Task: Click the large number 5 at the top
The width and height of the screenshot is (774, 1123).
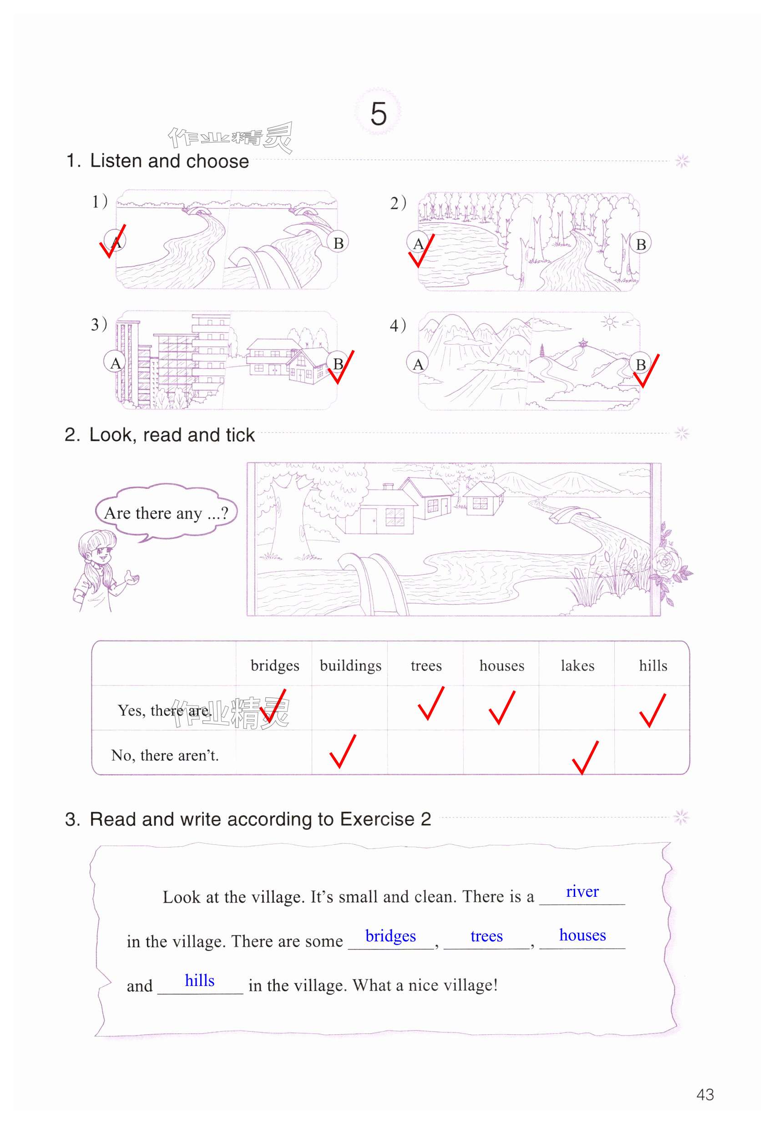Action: (x=378, y=114)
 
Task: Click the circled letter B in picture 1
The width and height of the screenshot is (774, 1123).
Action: (x=338, y=243)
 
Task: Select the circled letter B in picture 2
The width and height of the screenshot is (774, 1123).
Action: (x=640, y=244)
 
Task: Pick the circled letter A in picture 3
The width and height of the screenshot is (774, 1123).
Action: (x=115, y=362)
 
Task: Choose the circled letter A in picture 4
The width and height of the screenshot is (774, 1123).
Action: (x=418, y=364)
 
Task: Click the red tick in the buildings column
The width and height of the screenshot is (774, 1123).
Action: (x=343, y=752)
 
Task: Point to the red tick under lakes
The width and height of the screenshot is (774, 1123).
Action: (x=585, y=758)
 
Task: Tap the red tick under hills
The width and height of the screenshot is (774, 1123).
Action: (x=653, y=711)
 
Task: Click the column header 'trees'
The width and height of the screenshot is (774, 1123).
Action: (x=426, y=666)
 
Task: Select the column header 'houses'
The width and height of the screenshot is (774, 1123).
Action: (x=501, y=666)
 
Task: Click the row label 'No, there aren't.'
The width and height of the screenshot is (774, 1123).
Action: (x=165, y=755)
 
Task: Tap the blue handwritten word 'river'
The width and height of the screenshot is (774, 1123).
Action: (x=582, y=892)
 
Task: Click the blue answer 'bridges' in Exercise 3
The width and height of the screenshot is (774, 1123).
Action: (x=390, y=936)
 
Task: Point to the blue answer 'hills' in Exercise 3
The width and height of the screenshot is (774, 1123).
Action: (x=199, y=981)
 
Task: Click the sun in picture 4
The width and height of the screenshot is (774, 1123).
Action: (x=609, y=322)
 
